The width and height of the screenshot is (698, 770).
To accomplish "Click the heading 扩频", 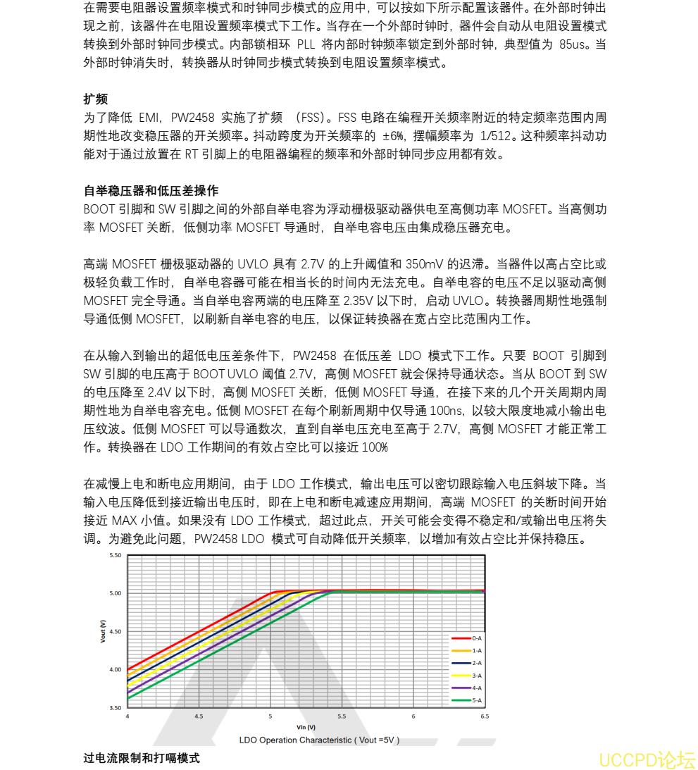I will pos(95,99).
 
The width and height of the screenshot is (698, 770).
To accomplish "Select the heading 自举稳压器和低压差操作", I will pos(151,191).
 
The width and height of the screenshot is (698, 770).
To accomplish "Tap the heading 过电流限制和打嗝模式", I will pos(141,758).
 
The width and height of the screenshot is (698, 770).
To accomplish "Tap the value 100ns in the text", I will pos(449,411).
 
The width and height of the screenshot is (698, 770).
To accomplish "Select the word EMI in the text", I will pos(149,117).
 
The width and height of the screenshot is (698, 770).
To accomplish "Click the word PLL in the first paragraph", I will pos(306,45).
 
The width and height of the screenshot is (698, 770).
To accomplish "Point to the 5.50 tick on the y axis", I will pos(115,555).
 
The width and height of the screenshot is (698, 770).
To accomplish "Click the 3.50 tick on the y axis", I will pos(115,707).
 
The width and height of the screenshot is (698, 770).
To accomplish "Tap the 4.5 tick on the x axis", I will pos(199,716).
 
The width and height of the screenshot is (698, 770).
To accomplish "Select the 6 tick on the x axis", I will pos(413,716).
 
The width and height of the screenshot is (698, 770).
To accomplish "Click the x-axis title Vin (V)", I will pos(306,726).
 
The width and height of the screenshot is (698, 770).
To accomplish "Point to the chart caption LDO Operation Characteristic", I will pos(319,740).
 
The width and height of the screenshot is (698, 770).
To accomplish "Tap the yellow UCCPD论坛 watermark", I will pos(647,760).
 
